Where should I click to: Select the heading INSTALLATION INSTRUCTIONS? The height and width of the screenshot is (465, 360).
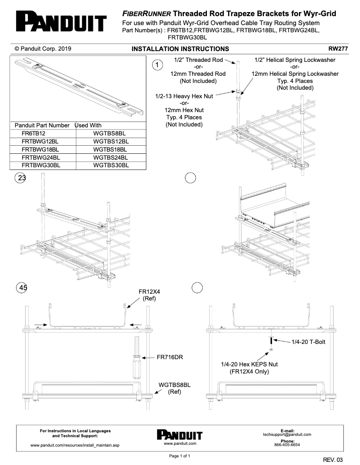pos(180,49)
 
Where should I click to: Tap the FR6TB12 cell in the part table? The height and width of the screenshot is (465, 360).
pos(34,133)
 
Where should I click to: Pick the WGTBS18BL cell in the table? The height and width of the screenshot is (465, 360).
pos(110,149)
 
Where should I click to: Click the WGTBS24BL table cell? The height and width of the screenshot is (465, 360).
pos(110,157)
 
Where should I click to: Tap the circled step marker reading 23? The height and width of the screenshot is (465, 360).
pos(21,178)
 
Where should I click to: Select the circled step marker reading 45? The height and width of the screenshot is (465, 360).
pos(21,287)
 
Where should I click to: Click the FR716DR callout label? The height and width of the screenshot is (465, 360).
pos(172,358)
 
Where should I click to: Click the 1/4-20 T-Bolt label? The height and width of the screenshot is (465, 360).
pos(309,342)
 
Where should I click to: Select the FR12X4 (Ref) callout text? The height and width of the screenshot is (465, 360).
pos(149,295)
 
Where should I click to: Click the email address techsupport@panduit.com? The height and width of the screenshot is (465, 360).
pos(287,435)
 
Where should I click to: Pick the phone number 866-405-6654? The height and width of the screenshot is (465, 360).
pos(287,445)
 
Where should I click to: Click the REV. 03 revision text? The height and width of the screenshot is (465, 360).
pos(333,460)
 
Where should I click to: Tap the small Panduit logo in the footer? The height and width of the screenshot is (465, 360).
pos(180,435)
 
